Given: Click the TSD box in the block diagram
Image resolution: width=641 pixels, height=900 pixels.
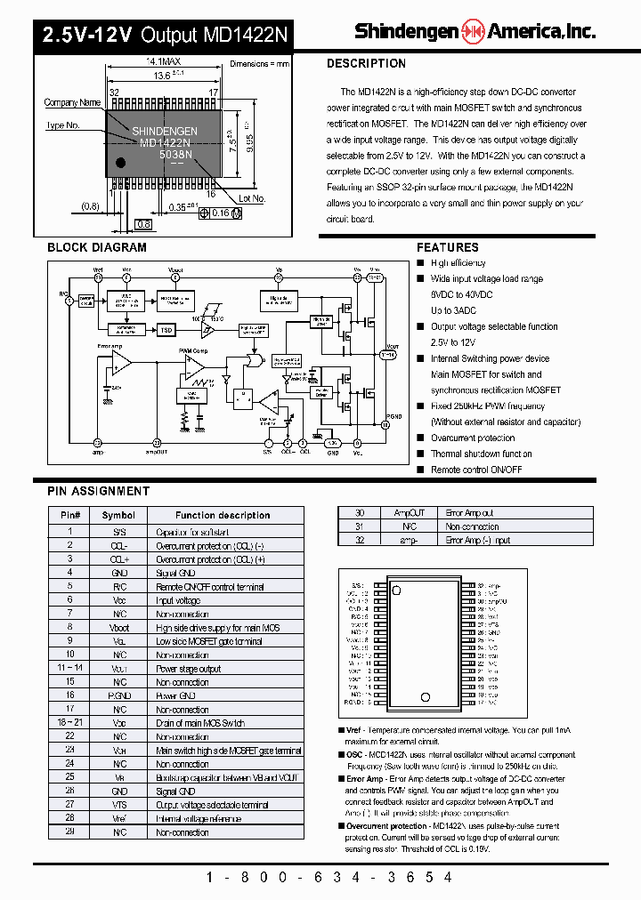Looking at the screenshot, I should point(166,330).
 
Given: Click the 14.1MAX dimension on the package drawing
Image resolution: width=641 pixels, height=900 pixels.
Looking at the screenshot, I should point(163,61).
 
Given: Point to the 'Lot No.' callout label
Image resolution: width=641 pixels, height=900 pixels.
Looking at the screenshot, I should point(253,198).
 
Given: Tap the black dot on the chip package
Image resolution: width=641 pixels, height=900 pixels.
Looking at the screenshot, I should point(121,162).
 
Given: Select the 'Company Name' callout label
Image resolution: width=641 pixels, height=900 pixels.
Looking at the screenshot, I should point(72,103).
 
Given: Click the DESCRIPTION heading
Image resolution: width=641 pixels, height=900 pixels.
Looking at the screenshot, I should point(366,64).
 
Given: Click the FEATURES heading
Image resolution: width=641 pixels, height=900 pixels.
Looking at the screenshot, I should point(447,247).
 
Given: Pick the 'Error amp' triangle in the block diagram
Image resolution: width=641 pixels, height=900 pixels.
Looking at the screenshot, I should point(120,360).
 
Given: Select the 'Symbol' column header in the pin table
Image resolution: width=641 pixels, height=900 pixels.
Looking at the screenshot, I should point(118,515).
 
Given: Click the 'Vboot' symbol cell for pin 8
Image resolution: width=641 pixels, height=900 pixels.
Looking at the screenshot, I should point(118,628).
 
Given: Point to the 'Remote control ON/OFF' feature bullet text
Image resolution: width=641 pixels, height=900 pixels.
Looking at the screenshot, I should point(476,470).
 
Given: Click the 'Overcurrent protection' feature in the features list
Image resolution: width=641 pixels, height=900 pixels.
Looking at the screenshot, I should point(473,438).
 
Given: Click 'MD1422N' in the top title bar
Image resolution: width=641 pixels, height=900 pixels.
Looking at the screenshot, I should point(246,35).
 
